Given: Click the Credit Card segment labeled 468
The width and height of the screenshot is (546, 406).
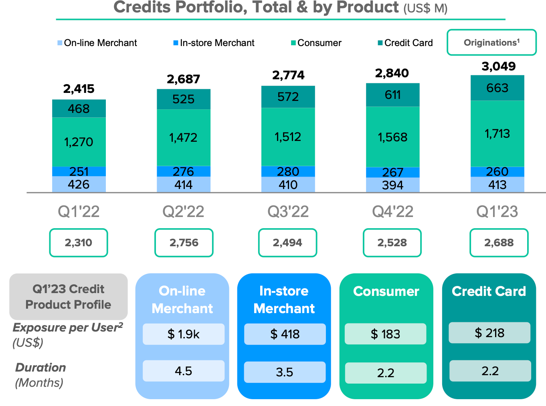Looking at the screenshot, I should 79,109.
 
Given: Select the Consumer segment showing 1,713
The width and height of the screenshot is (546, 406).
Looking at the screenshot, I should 497,133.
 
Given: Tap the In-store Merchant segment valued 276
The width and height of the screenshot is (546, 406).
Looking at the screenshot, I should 183,171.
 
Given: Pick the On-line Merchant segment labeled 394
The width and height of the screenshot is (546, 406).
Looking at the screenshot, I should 392,185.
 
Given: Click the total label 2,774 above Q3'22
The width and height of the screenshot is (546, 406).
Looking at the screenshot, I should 288,75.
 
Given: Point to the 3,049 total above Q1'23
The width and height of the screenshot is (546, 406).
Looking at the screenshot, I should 498,66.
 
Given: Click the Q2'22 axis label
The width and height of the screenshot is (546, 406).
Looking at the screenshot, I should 183,211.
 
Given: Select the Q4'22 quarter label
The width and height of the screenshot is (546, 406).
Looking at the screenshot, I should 392,211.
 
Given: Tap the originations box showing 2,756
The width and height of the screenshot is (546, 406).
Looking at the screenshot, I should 184,243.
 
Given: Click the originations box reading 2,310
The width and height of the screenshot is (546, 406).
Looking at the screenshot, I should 79,243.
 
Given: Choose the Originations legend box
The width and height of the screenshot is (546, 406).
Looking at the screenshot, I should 491,42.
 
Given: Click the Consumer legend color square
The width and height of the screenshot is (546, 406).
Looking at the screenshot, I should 293,43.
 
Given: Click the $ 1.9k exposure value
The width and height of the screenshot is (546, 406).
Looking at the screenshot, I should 184,334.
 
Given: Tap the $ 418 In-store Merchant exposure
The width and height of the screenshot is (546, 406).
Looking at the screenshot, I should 285,334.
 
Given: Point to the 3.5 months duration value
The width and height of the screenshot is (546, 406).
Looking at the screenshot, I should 285,372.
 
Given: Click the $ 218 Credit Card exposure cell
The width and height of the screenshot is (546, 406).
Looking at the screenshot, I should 489,333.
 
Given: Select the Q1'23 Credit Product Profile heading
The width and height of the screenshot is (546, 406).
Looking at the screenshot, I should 68,297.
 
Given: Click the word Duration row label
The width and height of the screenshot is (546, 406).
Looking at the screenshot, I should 40,367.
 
